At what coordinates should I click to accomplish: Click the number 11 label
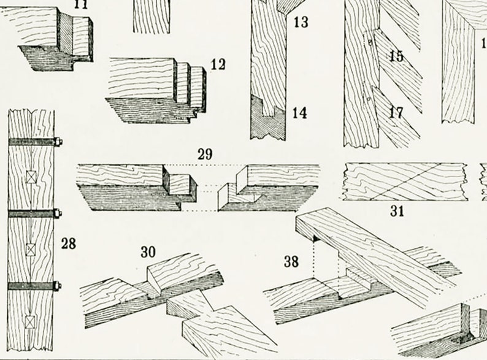pyautogui.click(x=80, y=4)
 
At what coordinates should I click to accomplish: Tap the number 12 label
pyautogui.click(x=217, y=64)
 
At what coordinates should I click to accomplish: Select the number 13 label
pyautogui.click(x=300, y=23)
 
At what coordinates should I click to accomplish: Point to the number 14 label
pyautogui.click(x=299, y=113)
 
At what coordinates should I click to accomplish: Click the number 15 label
pyautogui.click(x=396, y=56)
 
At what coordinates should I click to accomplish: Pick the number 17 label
pyautogui.click(x=396, y=113)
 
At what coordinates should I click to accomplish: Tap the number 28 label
pyautogui.click(x=69, y=243)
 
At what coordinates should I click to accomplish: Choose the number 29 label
pyautogui.click(x=205, y=154)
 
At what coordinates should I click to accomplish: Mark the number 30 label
pyautogui.click(x=148, y=252)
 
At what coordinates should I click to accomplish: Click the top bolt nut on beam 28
pyautogui.click(x=59, y=142)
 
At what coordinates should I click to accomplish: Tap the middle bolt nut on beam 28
pyautogui.click(x=59, y=214)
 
